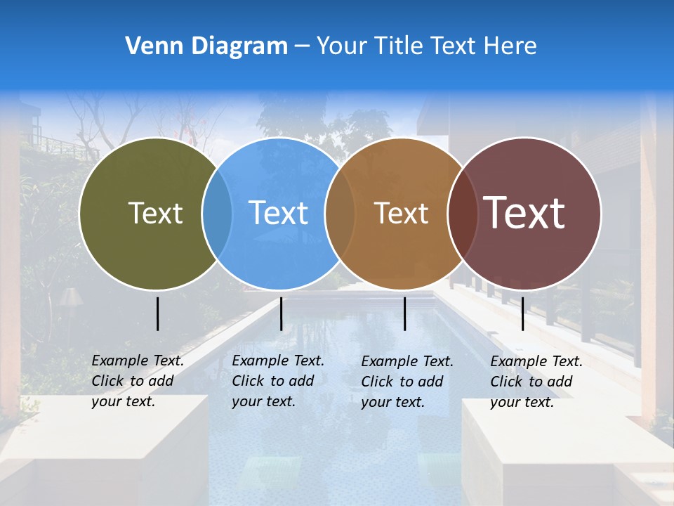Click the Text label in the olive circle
point(155,213)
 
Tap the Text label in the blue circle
point(279,213)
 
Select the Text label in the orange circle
point(401,213)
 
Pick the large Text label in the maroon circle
point(524,212)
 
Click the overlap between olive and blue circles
point(217,213)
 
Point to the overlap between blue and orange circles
point(340,213)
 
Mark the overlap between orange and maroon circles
point(462,213)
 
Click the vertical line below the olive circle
point(157,313)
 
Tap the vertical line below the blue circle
point(281,313)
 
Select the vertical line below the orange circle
point(404,313)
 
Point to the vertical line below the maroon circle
point(522,313)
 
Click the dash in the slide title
point(302,46)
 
